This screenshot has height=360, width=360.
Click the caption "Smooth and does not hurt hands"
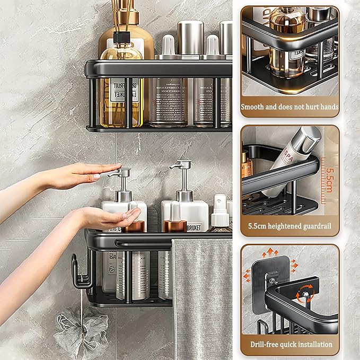[x=289, y=107]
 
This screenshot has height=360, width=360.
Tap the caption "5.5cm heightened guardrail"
[x=289, y=225]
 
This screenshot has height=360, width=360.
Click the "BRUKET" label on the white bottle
[x=194, y=226]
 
